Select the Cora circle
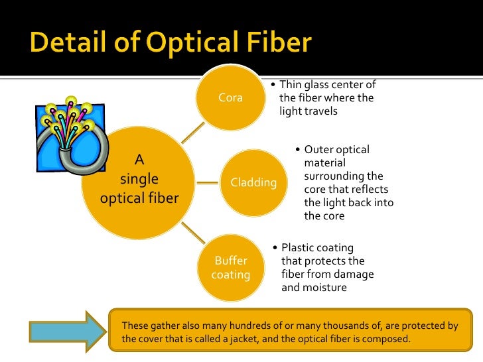click(230, 98)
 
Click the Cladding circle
click(253, 182)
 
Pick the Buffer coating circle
click(230, 267)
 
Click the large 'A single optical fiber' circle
click(139, 179)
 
